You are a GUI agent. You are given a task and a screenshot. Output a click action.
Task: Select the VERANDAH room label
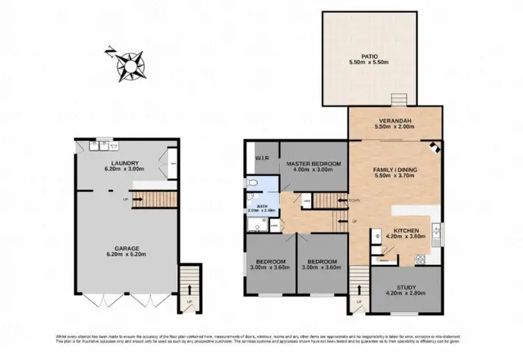click(x=395, y=121)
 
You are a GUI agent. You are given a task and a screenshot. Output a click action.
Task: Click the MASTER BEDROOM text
click(x=314, y=163)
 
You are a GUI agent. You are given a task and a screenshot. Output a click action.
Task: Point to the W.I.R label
click(x=262, y=156)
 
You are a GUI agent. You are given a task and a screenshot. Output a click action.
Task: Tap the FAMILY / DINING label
click(x=395, y=170)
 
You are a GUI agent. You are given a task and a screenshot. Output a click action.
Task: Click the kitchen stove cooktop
click(x=420, y=259)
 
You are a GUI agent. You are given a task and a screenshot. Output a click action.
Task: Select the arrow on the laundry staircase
click(x=138, y=200)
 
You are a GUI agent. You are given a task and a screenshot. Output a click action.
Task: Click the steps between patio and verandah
click(x=398, y=99)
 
